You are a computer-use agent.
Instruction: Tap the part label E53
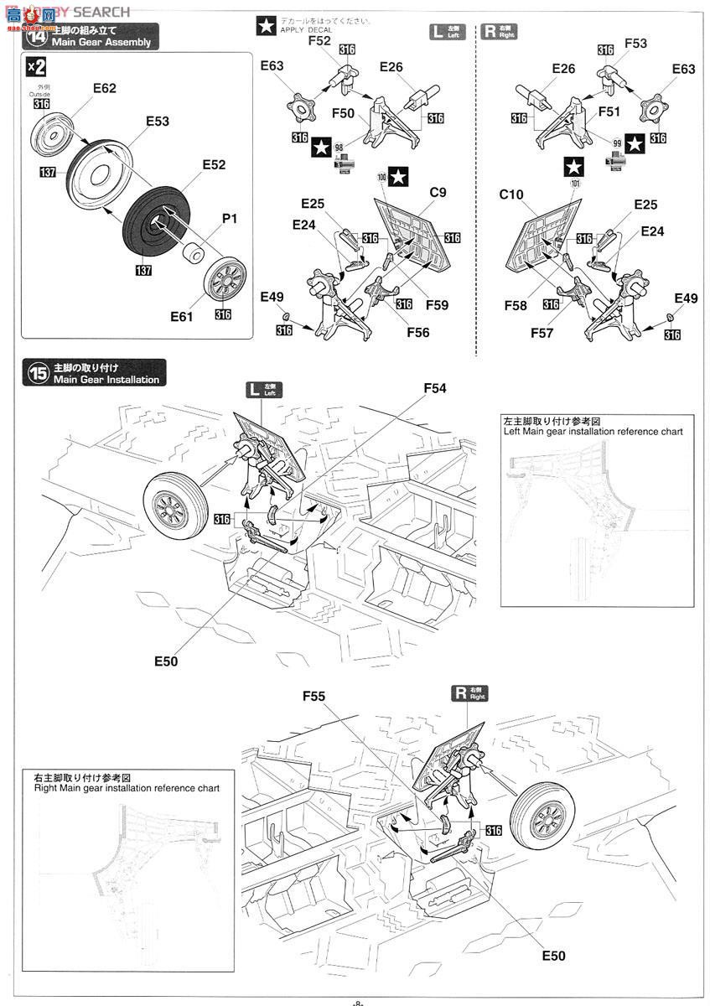click(157, 121)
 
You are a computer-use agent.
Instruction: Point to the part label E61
click(181, 316)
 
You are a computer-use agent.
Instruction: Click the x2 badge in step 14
click(36, 66)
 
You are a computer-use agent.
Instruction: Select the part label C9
click(438, 193)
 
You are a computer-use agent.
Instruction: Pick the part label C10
click(510, 194)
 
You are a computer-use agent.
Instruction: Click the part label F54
click(435, 388)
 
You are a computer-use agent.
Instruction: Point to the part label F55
click(314, 696)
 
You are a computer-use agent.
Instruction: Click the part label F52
click(319, 40)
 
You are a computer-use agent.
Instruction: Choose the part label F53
click(635, 43)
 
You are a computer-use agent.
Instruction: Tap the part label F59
click(437, 306)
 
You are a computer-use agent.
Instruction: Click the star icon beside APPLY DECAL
click(266, 26)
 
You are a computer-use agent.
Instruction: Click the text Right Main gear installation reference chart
click(127, 788)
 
